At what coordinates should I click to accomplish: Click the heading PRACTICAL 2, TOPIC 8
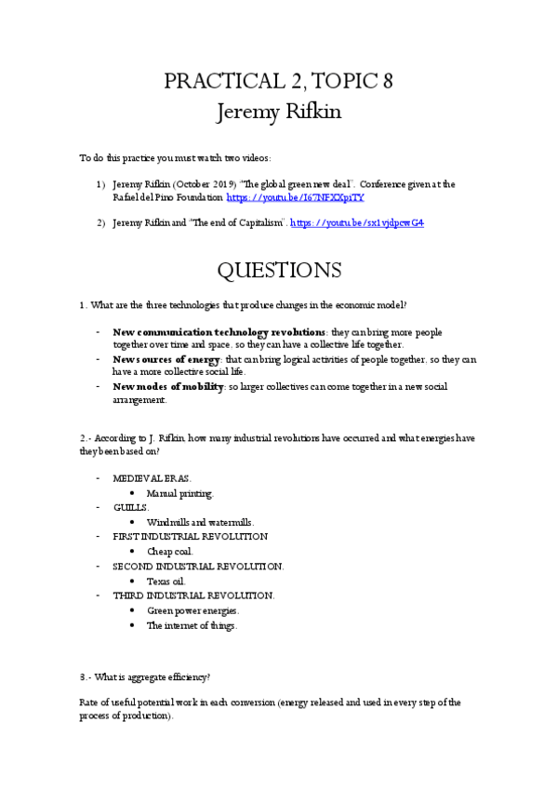278,82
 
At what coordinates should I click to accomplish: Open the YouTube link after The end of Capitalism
357,223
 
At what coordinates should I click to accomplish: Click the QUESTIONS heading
278,271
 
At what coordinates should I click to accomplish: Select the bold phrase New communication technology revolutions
219,332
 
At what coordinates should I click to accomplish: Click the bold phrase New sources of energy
166,359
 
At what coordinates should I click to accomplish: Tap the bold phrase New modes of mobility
167,387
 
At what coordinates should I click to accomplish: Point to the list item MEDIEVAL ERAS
153,477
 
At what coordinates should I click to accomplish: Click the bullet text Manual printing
179,493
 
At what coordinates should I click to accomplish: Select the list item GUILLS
130,508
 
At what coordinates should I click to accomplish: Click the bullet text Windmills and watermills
200,523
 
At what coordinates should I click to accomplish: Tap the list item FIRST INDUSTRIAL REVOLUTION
190,537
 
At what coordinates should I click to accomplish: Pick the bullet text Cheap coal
170,552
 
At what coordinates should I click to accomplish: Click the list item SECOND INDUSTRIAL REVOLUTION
198,566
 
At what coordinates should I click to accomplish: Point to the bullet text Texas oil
166,581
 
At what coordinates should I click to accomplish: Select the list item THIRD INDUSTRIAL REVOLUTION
193,595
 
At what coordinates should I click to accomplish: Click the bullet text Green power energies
192,610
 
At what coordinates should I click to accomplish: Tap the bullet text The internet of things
192,625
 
